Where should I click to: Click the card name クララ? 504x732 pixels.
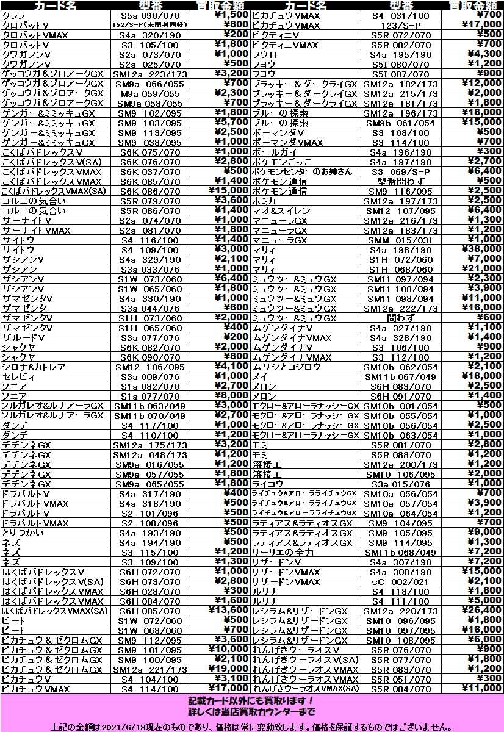13,15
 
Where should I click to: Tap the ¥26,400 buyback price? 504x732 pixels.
480,611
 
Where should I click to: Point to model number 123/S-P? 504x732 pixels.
400,25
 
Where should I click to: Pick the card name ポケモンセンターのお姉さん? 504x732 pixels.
303,171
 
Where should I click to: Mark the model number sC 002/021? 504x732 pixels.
400,581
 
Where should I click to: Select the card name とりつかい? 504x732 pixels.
23,533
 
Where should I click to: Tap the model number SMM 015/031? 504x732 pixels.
400,240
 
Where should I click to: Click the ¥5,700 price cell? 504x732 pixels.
232,123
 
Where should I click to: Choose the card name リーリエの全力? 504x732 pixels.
283,552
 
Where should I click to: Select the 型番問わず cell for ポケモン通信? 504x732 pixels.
400,181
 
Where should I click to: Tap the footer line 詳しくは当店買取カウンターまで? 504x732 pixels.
251,711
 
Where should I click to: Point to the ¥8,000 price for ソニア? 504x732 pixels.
232,396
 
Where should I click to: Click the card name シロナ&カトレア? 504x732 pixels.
35,367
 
